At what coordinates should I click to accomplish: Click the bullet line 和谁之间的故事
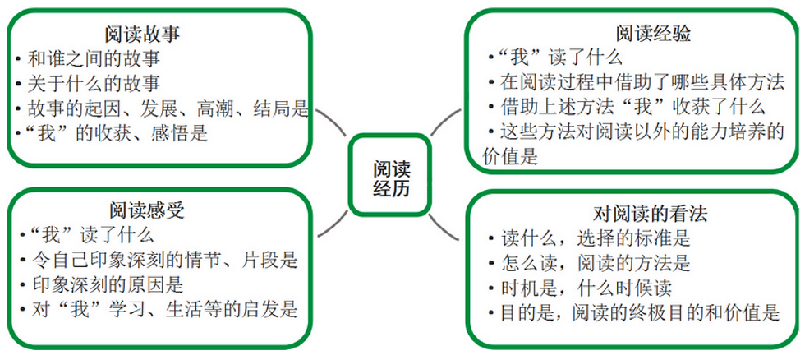point(94,58)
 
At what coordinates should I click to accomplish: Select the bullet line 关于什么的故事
point(94,83)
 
